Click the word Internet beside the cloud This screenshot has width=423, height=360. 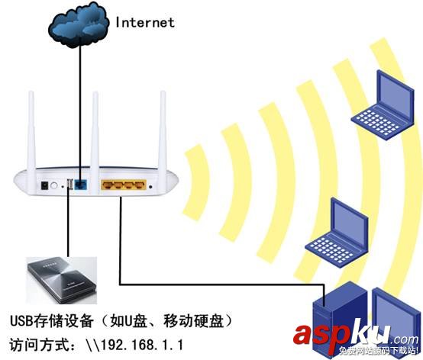pos(145,22)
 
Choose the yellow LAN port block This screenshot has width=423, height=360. pos(124,184)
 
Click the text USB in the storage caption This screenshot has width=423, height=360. pos(21,317)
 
